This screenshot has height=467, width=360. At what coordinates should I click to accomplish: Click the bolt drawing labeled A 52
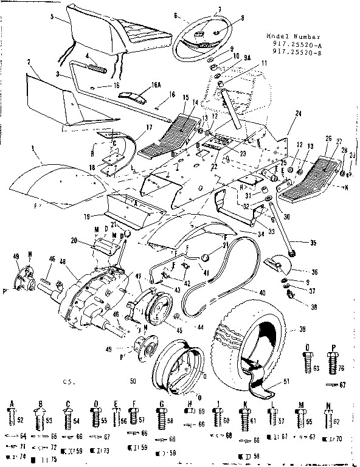12,418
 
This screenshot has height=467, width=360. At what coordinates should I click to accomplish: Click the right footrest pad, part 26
312,179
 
